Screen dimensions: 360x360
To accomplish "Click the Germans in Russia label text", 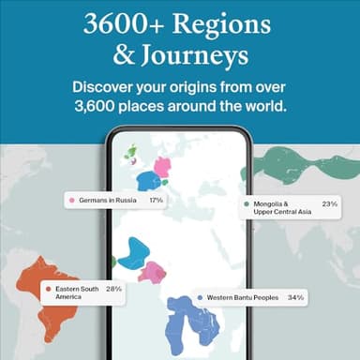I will click(x=108, y=201).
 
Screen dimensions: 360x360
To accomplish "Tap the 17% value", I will click(x=156, y=201).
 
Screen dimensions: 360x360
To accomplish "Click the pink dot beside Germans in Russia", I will click(x=71, y=201).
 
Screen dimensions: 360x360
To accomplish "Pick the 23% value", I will click(x=329, y=203).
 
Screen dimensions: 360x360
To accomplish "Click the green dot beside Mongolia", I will click(x=247, y=203).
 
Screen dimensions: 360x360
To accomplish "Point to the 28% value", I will click(x=114, y=289).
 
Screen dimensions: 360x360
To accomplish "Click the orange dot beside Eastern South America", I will click(x=49, y=289).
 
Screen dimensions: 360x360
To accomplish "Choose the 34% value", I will click(x=295, y=298).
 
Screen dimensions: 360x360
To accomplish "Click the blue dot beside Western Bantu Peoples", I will click(x=201, y=298).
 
